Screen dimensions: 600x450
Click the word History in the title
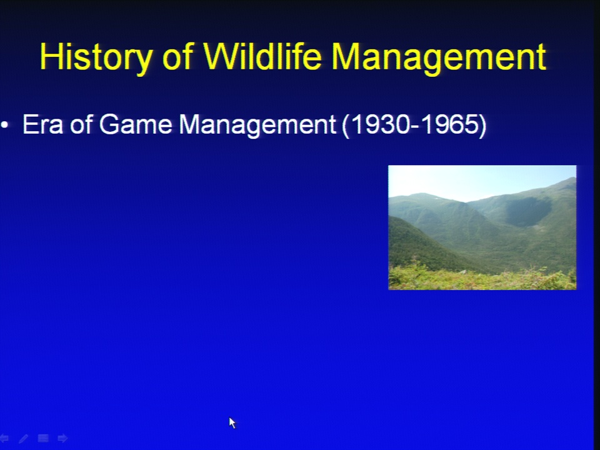click(96, 57)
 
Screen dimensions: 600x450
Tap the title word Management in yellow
click(439, 58)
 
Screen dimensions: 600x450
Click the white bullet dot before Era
click(4, 124)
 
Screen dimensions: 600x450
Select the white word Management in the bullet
click(257, 126)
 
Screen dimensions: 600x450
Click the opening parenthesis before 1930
click(346, 126)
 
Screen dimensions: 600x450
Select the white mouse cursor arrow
click(232, 423)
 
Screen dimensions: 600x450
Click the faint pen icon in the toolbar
click(23, 438)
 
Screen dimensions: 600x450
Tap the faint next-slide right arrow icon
click(62, 438)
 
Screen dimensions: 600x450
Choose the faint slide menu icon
click(43, 438)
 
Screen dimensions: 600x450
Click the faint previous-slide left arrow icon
click(4, 438)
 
